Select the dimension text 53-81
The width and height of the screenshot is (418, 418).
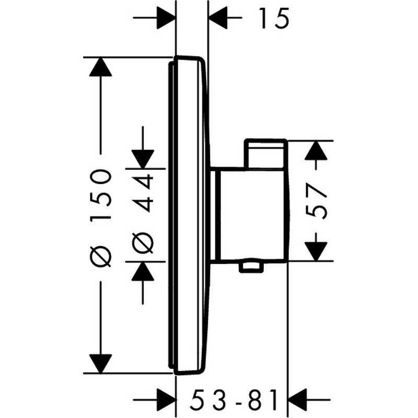234,400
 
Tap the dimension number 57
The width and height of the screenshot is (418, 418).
317,201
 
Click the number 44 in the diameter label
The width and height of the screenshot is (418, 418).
143,193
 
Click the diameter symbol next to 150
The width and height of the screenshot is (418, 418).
100,257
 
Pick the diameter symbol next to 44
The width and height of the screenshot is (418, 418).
143,242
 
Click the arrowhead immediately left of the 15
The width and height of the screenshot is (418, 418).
218,18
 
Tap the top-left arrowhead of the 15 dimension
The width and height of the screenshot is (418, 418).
166,18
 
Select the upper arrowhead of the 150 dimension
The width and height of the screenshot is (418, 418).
100,67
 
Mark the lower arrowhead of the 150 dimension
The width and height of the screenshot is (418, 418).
100,364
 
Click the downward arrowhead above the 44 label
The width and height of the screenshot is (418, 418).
143,159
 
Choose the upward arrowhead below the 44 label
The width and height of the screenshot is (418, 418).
143,271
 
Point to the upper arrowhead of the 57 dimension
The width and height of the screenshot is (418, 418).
316,150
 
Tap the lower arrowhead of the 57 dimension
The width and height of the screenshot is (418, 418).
316,251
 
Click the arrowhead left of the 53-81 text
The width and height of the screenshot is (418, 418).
166,400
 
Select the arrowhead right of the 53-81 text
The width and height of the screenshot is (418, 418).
298,400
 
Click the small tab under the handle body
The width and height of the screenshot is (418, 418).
251,268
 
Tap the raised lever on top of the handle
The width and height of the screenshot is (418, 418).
266,154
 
